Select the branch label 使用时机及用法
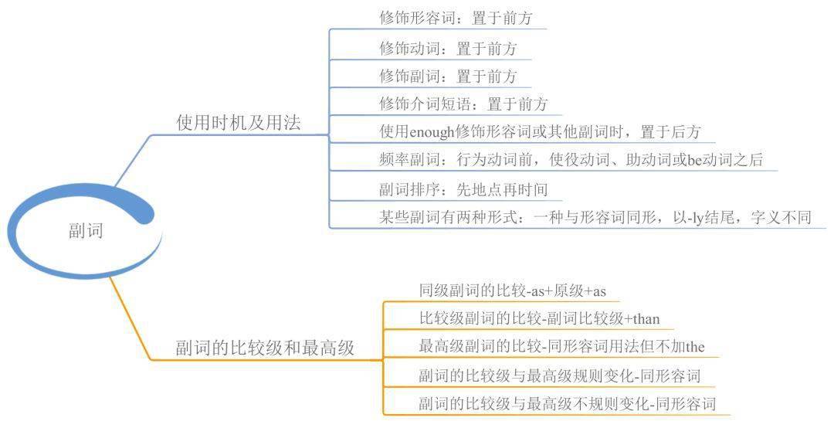coord(239,122)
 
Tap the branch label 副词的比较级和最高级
coord(265,348)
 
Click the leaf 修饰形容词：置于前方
coord(456,17)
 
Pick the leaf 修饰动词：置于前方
coord(448,49)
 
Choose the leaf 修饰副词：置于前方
coord(448,76)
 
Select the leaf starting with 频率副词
coord(571,161)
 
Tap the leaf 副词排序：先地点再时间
coord(463,189)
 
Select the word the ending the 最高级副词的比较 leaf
coord(694,347)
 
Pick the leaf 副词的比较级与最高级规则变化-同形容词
coord(559,376)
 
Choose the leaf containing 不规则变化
coord(567,403)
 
